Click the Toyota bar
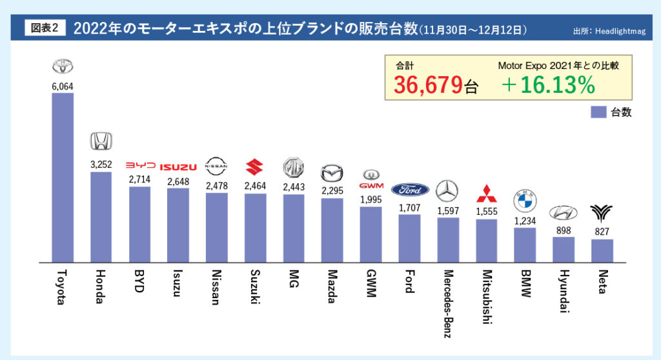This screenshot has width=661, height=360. [63, 177]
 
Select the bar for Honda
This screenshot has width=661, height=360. [101, 217]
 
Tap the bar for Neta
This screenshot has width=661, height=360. [602, 250]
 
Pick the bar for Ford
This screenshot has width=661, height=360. [409, 238]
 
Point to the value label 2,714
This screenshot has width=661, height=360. [139, 179]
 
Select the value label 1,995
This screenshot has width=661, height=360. [371, 199]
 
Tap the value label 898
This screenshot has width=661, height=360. [564, 230]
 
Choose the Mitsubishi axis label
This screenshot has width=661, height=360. [487, 297]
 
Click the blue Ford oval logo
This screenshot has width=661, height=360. [409, 190]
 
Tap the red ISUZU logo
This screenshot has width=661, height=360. [178, 168]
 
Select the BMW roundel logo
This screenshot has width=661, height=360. [525, 202]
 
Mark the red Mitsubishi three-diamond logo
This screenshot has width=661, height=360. [486, 193]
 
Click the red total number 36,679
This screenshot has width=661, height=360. [429, 85]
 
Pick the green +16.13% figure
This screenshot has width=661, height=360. [547, 85]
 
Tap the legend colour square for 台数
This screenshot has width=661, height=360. [598, 112]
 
